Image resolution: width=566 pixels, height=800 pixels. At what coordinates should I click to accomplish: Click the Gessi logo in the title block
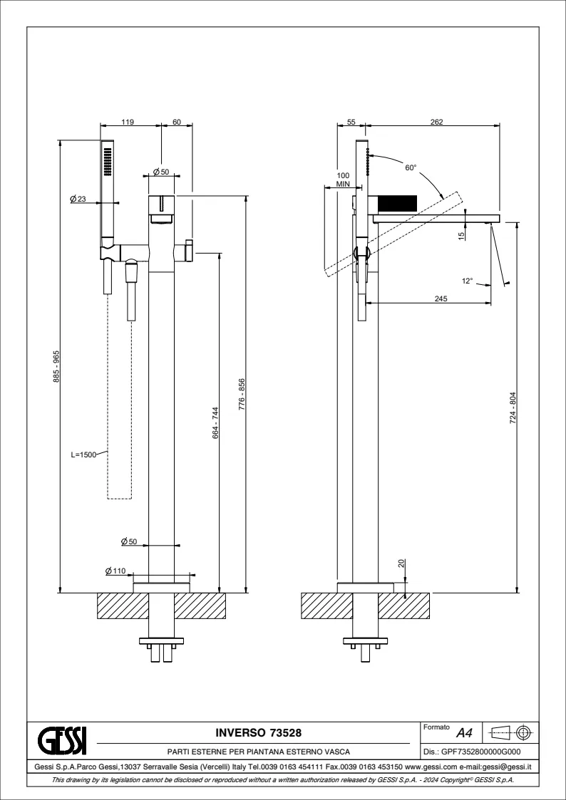click(x=62, y=740)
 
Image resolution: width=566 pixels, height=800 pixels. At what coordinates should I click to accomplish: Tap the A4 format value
click(x=464, y=733)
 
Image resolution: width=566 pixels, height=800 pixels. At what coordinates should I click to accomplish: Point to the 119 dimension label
click(x=128, y=123)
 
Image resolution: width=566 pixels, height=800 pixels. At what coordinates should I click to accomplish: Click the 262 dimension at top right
click(x=437, y=123)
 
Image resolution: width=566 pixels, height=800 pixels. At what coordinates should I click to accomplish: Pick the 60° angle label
click(x=410, y=168)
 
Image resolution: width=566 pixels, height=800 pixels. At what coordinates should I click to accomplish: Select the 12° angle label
click(x=468, y=281)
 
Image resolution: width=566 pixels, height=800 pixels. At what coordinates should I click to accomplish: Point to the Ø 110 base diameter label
click(x=115, y=571)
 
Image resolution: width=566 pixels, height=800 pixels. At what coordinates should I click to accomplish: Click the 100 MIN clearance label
click(x=343, y=180)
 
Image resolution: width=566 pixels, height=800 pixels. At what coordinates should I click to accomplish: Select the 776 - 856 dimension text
click(x=242, y=392)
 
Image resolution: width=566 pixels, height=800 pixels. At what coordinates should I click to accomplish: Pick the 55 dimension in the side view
click(x=351, y=123)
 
